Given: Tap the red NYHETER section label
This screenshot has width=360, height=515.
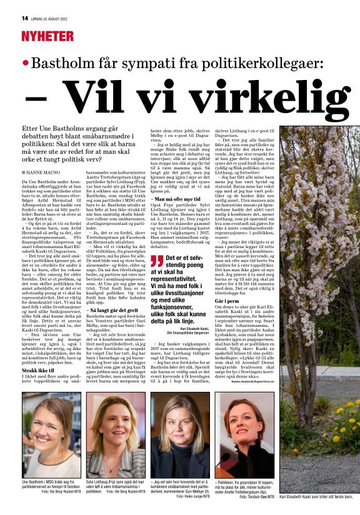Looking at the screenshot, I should pyautogui.click(x=47, y=36).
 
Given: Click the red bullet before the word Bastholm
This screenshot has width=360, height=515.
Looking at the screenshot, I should pyautogui.click(x=25, y=64).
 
